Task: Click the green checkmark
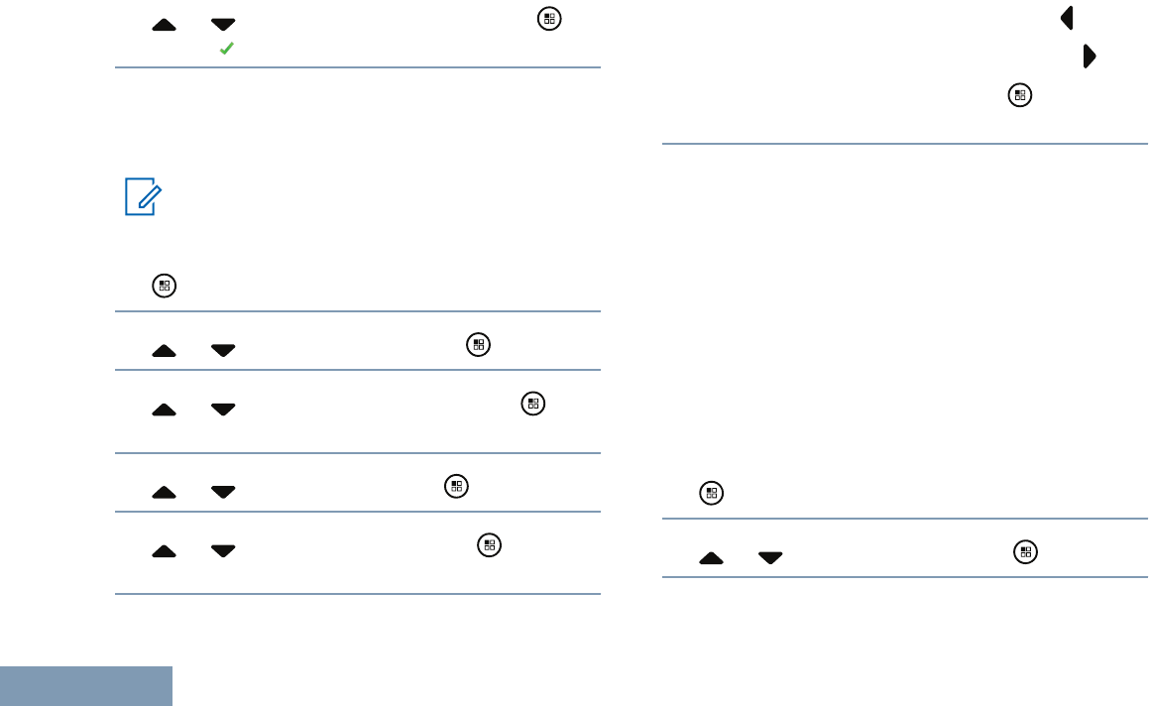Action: tap(226, 47)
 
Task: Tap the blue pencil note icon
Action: tap(142, 196)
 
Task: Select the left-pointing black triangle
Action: tap(1068, 17)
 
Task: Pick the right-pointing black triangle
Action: tap(1090, 57)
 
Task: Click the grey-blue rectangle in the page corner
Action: tap(86, 686)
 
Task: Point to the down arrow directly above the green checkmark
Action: tap(224, 24)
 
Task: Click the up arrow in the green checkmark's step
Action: tap(165, 24)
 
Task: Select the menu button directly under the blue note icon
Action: tap(165, 287)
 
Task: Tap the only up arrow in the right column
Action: tap(711, 558)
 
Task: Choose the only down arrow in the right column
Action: tap(769, 558)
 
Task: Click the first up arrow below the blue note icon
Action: tap(165, 350)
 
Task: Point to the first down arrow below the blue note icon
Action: tap(224, 350)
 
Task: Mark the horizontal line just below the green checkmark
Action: tap(358, 67)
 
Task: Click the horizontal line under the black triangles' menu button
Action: tap(904, 145)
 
